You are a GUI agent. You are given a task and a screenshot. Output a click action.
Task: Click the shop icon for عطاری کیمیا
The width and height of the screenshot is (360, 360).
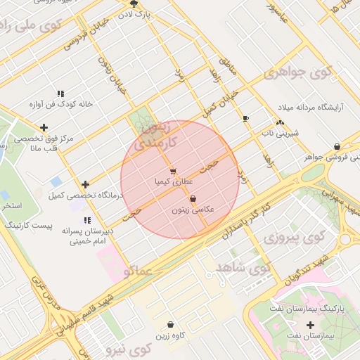173,171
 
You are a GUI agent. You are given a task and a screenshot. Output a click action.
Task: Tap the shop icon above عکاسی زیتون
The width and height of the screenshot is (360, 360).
193,199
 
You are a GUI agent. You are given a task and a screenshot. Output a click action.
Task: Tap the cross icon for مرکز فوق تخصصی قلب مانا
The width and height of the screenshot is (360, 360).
44,127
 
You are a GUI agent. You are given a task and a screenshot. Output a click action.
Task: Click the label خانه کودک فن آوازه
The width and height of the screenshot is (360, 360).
61,104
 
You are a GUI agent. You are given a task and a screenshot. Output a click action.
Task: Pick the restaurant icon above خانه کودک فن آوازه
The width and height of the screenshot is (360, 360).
60,94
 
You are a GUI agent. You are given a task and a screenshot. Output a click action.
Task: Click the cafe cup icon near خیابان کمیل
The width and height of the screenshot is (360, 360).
245,118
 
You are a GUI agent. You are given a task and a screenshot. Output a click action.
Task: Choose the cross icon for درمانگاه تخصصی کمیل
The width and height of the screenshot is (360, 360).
86,184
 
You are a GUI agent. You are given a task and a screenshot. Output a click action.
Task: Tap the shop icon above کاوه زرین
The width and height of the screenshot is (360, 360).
172,324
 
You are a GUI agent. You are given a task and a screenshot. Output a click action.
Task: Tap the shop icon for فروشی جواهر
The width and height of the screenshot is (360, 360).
337,146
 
